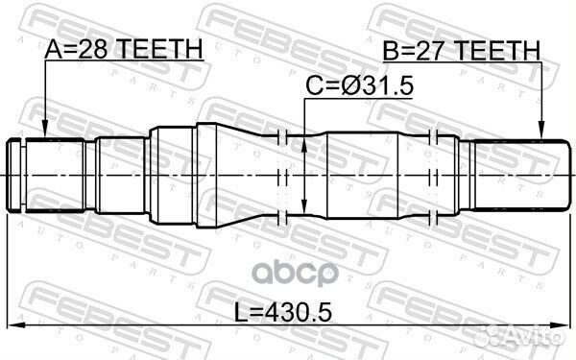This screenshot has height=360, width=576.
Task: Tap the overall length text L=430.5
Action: coord(288,312)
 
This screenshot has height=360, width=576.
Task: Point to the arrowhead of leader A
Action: coord(45,133)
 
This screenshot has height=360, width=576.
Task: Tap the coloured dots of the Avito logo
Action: coord(504,338)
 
